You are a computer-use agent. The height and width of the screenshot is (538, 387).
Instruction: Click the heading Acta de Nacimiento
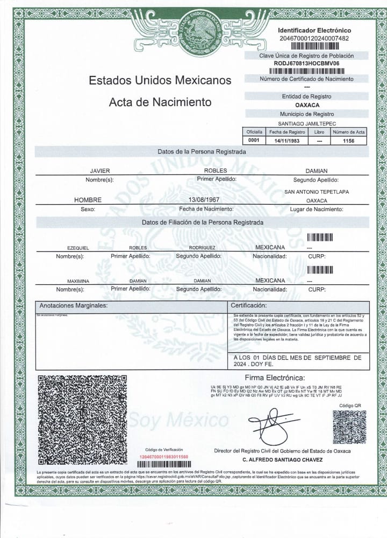pyautogui.click(x=160, y=102)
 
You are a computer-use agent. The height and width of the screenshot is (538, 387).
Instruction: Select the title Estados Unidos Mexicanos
pyautogui.click(x=160, y=80)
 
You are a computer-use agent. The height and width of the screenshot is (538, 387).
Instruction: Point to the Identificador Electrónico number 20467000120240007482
pyautogui.click(x=314, y=38)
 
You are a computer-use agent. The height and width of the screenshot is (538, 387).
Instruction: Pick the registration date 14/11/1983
pyautogui.click(x=287, y=140)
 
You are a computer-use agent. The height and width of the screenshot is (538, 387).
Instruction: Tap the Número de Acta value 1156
pyautogui.click(x=349, y=140)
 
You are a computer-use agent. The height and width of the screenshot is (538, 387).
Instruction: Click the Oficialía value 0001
pyautogui.click(x=254, y=140)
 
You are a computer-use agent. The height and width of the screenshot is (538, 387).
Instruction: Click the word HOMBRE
pyautogui.click(x=88, y=200)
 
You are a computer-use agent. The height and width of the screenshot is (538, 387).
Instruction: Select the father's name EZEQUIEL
pyautogui.click(x=78, y=248)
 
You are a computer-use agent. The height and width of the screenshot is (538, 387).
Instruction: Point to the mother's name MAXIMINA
pyautogui.click(x=78, y=281)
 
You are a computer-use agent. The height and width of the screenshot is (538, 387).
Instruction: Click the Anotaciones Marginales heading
pyautogui.click(x=74, y=305)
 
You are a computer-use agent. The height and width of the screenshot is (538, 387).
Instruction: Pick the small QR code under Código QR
pyautogui.click(x=349, y=427)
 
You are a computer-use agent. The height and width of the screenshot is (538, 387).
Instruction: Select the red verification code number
pyautogui.click(x=164, y=456)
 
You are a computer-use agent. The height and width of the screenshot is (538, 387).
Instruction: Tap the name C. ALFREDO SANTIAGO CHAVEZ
pyautogui.click(x=282, y=460)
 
